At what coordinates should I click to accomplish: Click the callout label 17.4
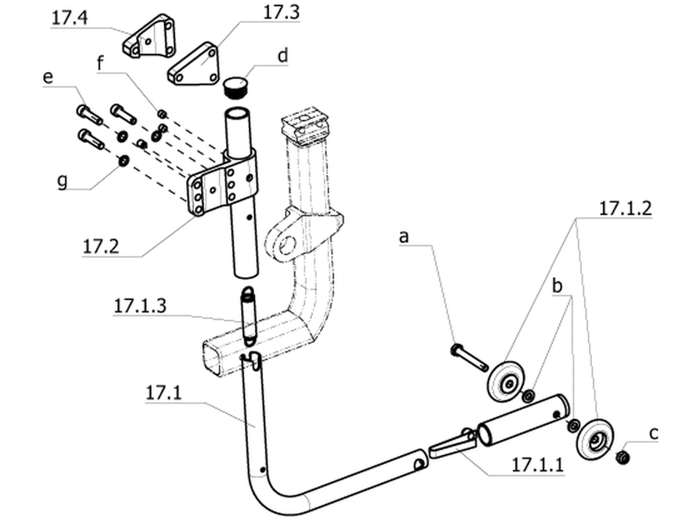point(69,18)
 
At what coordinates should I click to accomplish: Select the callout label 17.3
point(281,12)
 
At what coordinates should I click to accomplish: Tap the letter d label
point(283,56)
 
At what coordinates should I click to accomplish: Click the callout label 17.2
point(101,246)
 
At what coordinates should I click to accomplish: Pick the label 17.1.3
point(140,306)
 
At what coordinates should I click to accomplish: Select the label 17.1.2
point(625,208)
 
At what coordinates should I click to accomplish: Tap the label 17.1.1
point(538,464)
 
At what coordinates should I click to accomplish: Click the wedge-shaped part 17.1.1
point(452,444)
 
